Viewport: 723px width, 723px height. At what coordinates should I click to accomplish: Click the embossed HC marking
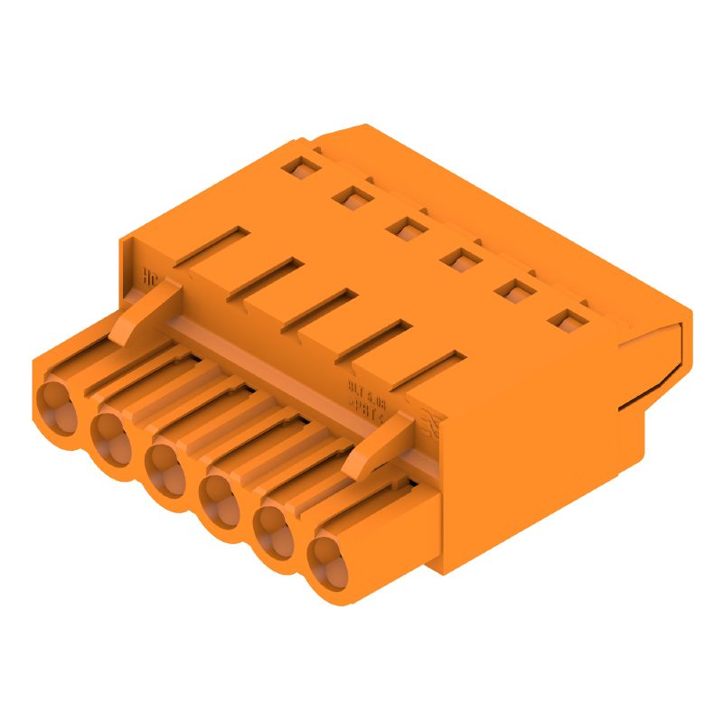coord(151,277)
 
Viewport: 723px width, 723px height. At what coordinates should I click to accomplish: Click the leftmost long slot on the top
coord(211,245)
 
